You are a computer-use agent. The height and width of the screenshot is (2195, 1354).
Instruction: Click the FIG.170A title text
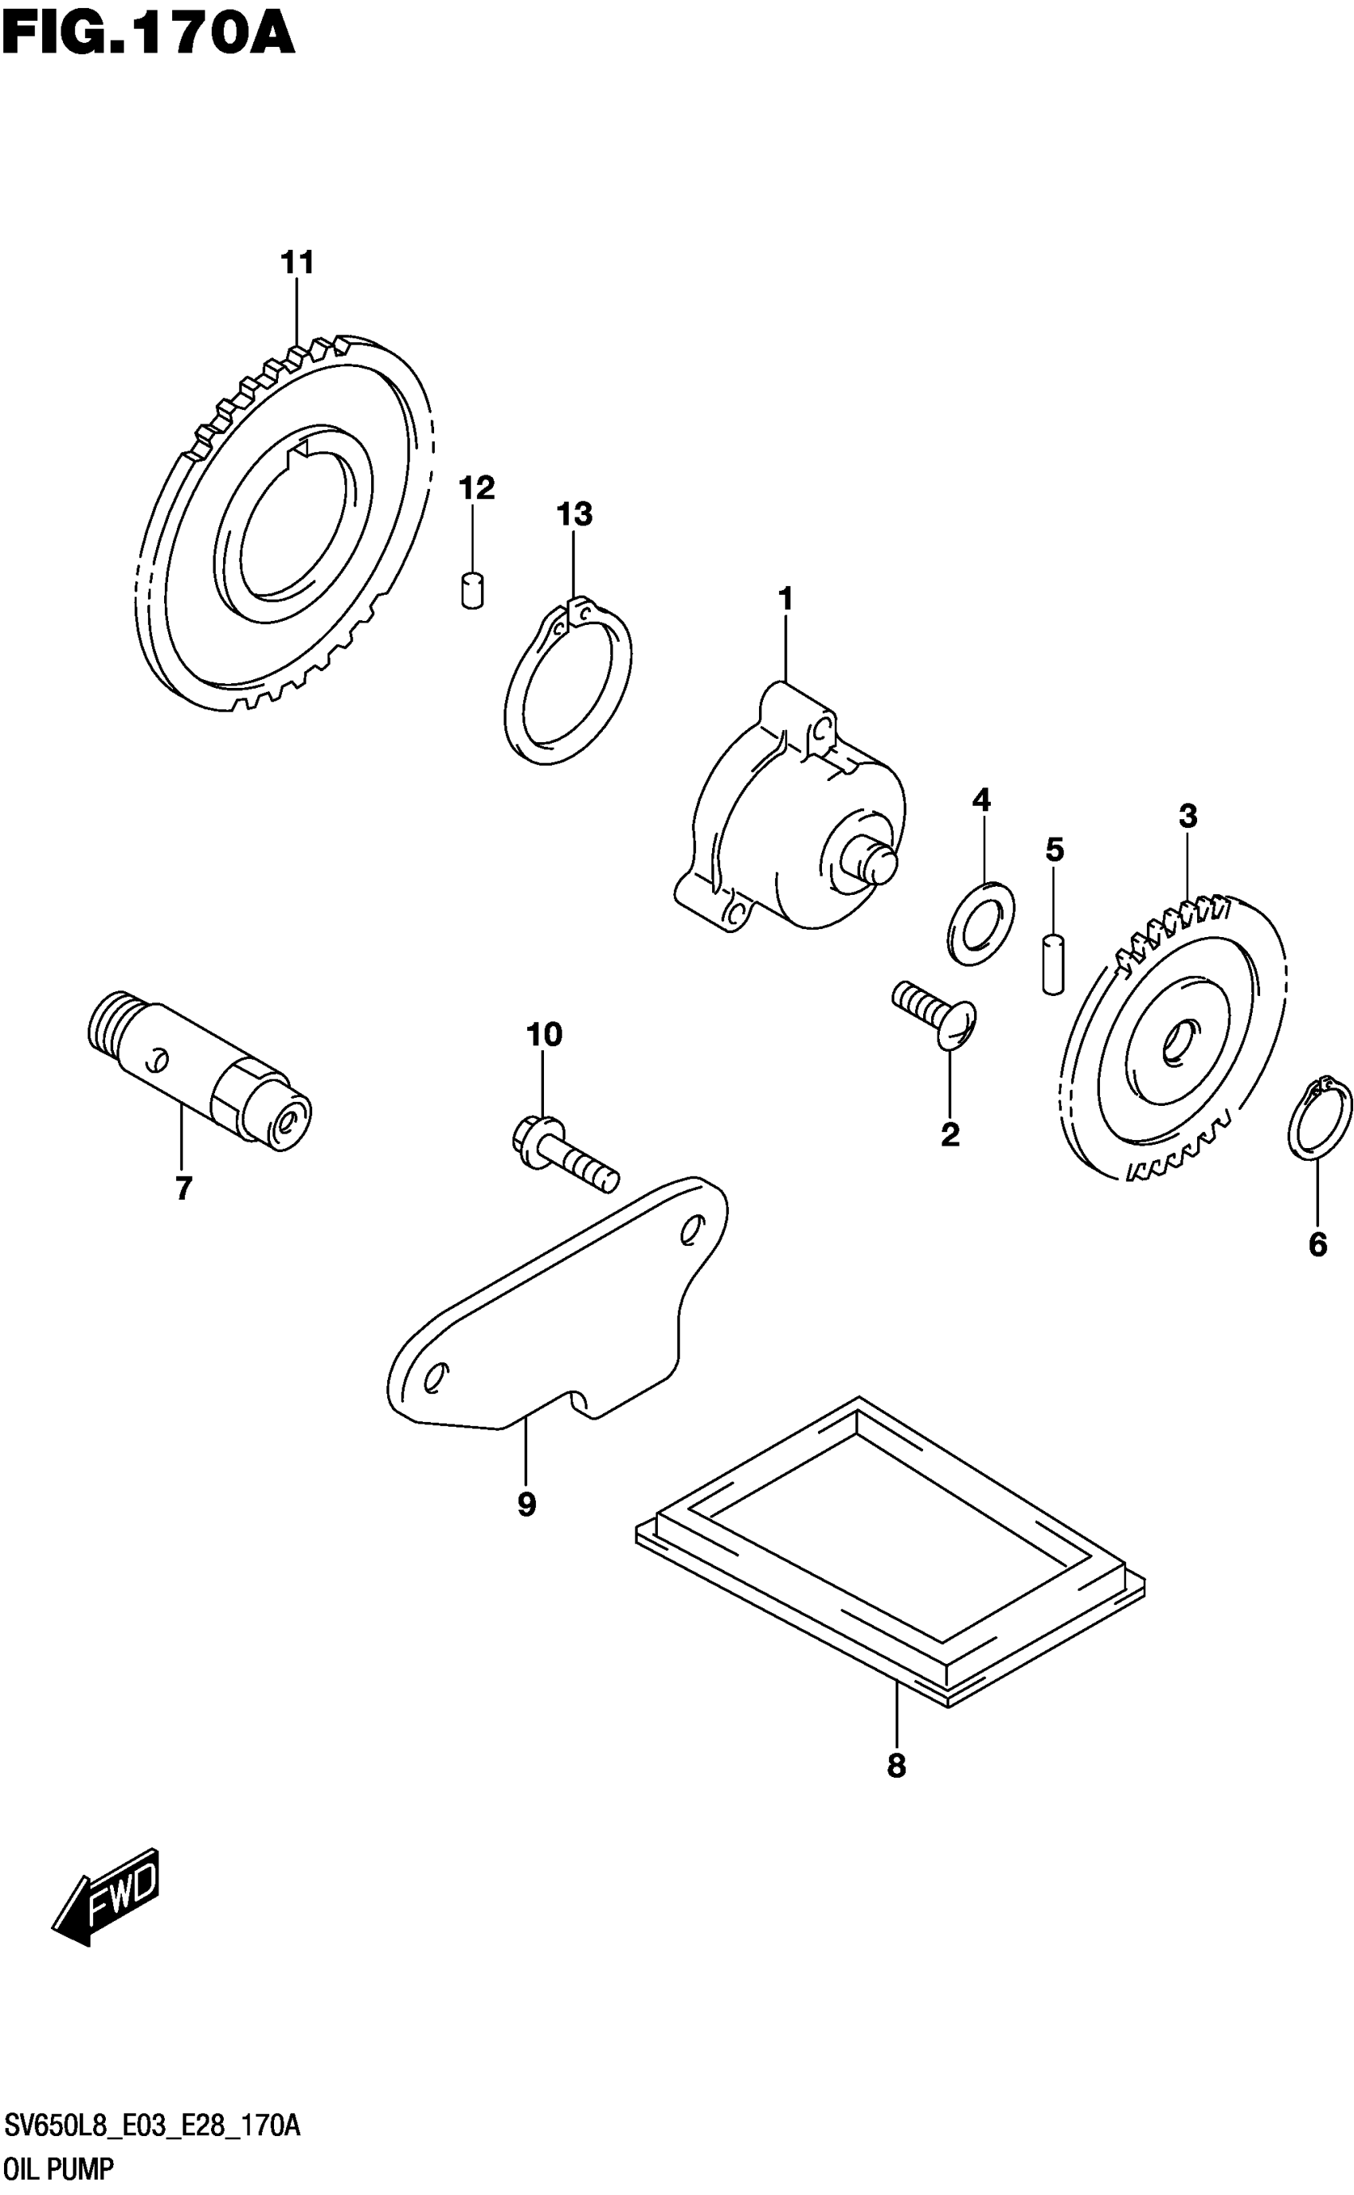pos(148,36)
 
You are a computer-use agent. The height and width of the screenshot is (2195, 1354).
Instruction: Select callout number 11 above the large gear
pos(297,264)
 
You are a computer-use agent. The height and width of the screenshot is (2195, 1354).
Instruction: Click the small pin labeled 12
pos(473,591)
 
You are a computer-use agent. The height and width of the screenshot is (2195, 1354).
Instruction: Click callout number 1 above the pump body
pos(785,599)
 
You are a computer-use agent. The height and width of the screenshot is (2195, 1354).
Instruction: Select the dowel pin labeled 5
pos(1054,963)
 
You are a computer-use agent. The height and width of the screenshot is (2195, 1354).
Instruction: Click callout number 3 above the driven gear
pos(1188,816)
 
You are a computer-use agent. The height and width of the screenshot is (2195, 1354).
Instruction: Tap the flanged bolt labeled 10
pos(564,1154)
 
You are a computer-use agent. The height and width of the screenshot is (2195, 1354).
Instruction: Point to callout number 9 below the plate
pos(526,1504)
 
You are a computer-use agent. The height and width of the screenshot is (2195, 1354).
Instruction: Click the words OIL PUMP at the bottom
pos(59,2170)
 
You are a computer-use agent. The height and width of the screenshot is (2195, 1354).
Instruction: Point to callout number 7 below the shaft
pos(183,1189)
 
